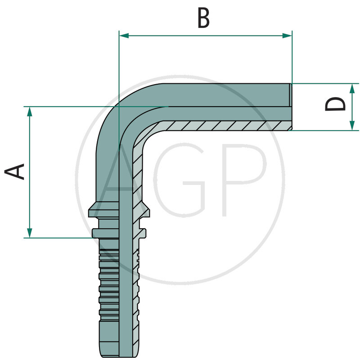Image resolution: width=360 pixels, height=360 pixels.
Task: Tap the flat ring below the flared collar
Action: pyautogui.click(x=119, y=233)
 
